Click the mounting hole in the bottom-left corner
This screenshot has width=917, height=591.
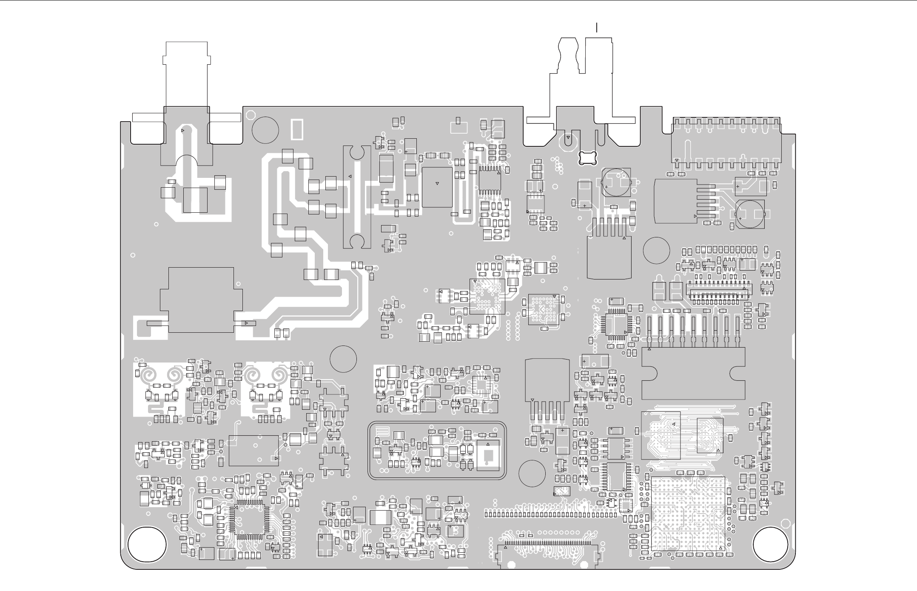coord(147,545)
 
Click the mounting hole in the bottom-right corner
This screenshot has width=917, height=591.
coord(771,545)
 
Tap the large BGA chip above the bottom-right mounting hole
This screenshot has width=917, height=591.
coord(687,514)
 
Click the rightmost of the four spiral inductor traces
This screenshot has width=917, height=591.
coord(279,375)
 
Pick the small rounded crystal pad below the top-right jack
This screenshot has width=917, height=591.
coord(588,157)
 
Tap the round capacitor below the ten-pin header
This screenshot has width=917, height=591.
coord(750,215)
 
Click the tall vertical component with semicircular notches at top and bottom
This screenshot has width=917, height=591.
coord(357,197)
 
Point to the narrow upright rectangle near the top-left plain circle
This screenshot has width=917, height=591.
coord(297,129)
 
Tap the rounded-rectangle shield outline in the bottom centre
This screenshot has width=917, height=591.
coord(437,451)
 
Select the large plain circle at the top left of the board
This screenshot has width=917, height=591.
coord(265,130)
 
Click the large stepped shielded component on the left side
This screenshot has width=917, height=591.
coord(201,300)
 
